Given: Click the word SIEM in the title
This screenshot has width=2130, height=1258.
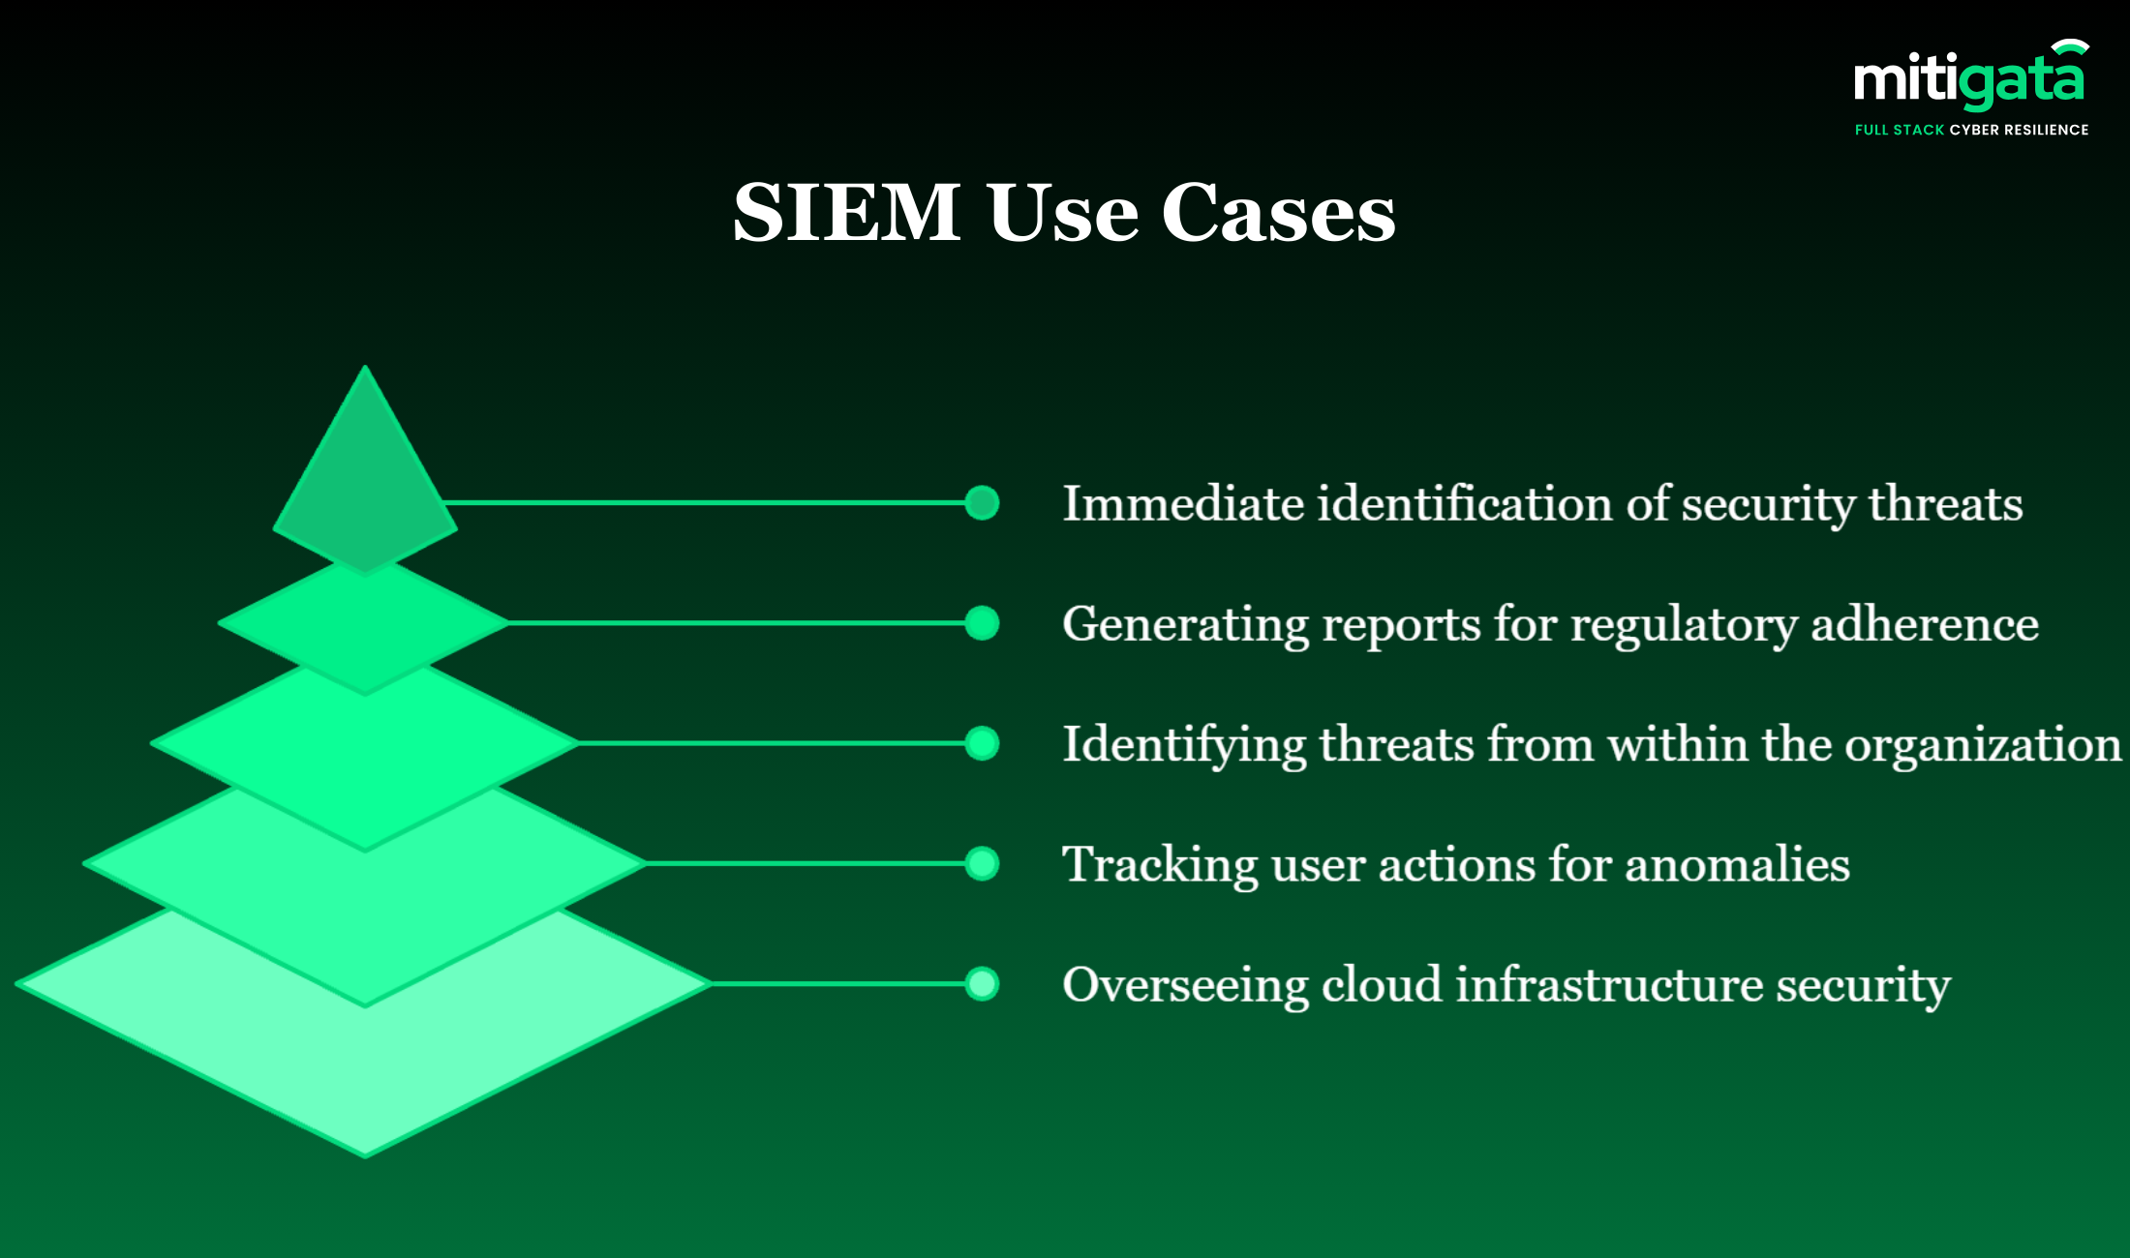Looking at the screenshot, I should (846, 212).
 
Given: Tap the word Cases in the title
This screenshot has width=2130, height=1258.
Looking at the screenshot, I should (1278, 212).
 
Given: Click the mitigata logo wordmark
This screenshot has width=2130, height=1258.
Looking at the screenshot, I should (1968, 80).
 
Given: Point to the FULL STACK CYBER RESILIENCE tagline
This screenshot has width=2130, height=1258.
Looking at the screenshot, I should (1971, 130).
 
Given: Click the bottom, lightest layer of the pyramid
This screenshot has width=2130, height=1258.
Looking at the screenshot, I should (365, 1074).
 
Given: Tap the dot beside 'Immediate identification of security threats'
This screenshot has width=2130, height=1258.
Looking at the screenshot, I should (982, 503).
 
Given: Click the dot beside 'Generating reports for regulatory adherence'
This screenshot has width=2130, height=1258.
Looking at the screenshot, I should (982, 623).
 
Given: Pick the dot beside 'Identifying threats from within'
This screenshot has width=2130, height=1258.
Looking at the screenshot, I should (982, 743).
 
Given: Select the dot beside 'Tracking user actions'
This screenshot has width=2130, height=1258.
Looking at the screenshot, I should (982, 863).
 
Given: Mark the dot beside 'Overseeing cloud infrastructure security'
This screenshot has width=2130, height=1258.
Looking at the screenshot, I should (982, 984).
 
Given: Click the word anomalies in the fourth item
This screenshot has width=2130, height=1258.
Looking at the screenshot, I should (1737, 864).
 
